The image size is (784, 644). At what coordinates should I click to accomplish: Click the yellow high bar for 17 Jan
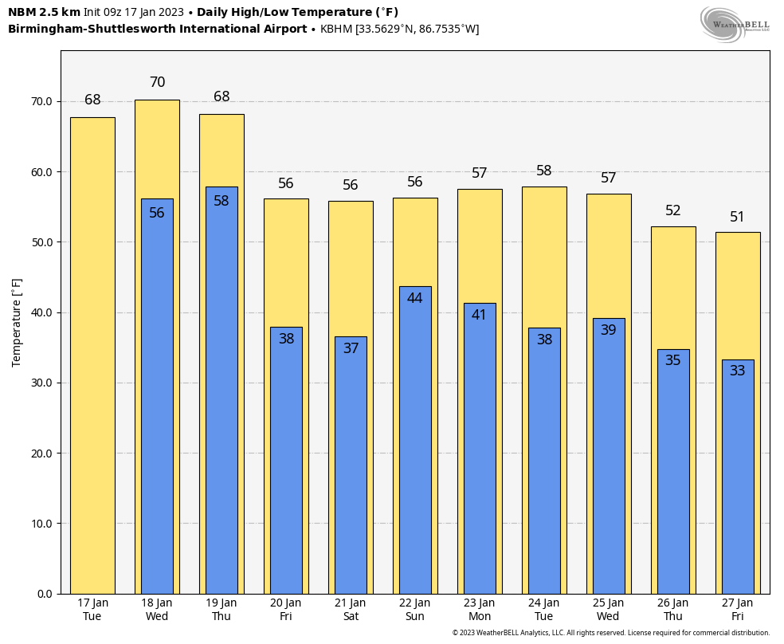[92, 355]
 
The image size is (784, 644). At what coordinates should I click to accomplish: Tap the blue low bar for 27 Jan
[738, 478]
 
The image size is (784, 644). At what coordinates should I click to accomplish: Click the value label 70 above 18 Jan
[157, 83]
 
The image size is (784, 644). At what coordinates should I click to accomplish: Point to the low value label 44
[415, 298]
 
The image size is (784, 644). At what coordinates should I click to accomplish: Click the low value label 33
[738, 371]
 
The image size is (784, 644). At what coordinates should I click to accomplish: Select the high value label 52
[673, 211]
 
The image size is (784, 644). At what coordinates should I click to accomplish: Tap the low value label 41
[479, 315]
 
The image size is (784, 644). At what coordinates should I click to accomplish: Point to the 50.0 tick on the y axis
[41, 242]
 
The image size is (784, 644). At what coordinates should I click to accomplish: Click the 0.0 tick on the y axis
[45, 594]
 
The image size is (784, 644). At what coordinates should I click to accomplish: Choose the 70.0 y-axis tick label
[41, 102]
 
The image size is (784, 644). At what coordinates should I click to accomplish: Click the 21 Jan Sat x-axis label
[351, 610]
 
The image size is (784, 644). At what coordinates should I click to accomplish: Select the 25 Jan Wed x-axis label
[608, 610]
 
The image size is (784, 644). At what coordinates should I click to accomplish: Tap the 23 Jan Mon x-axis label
[480, 610]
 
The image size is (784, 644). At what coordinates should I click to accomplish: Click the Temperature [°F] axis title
[18, 322]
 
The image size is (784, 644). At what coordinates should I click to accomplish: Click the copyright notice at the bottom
[611, 633]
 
